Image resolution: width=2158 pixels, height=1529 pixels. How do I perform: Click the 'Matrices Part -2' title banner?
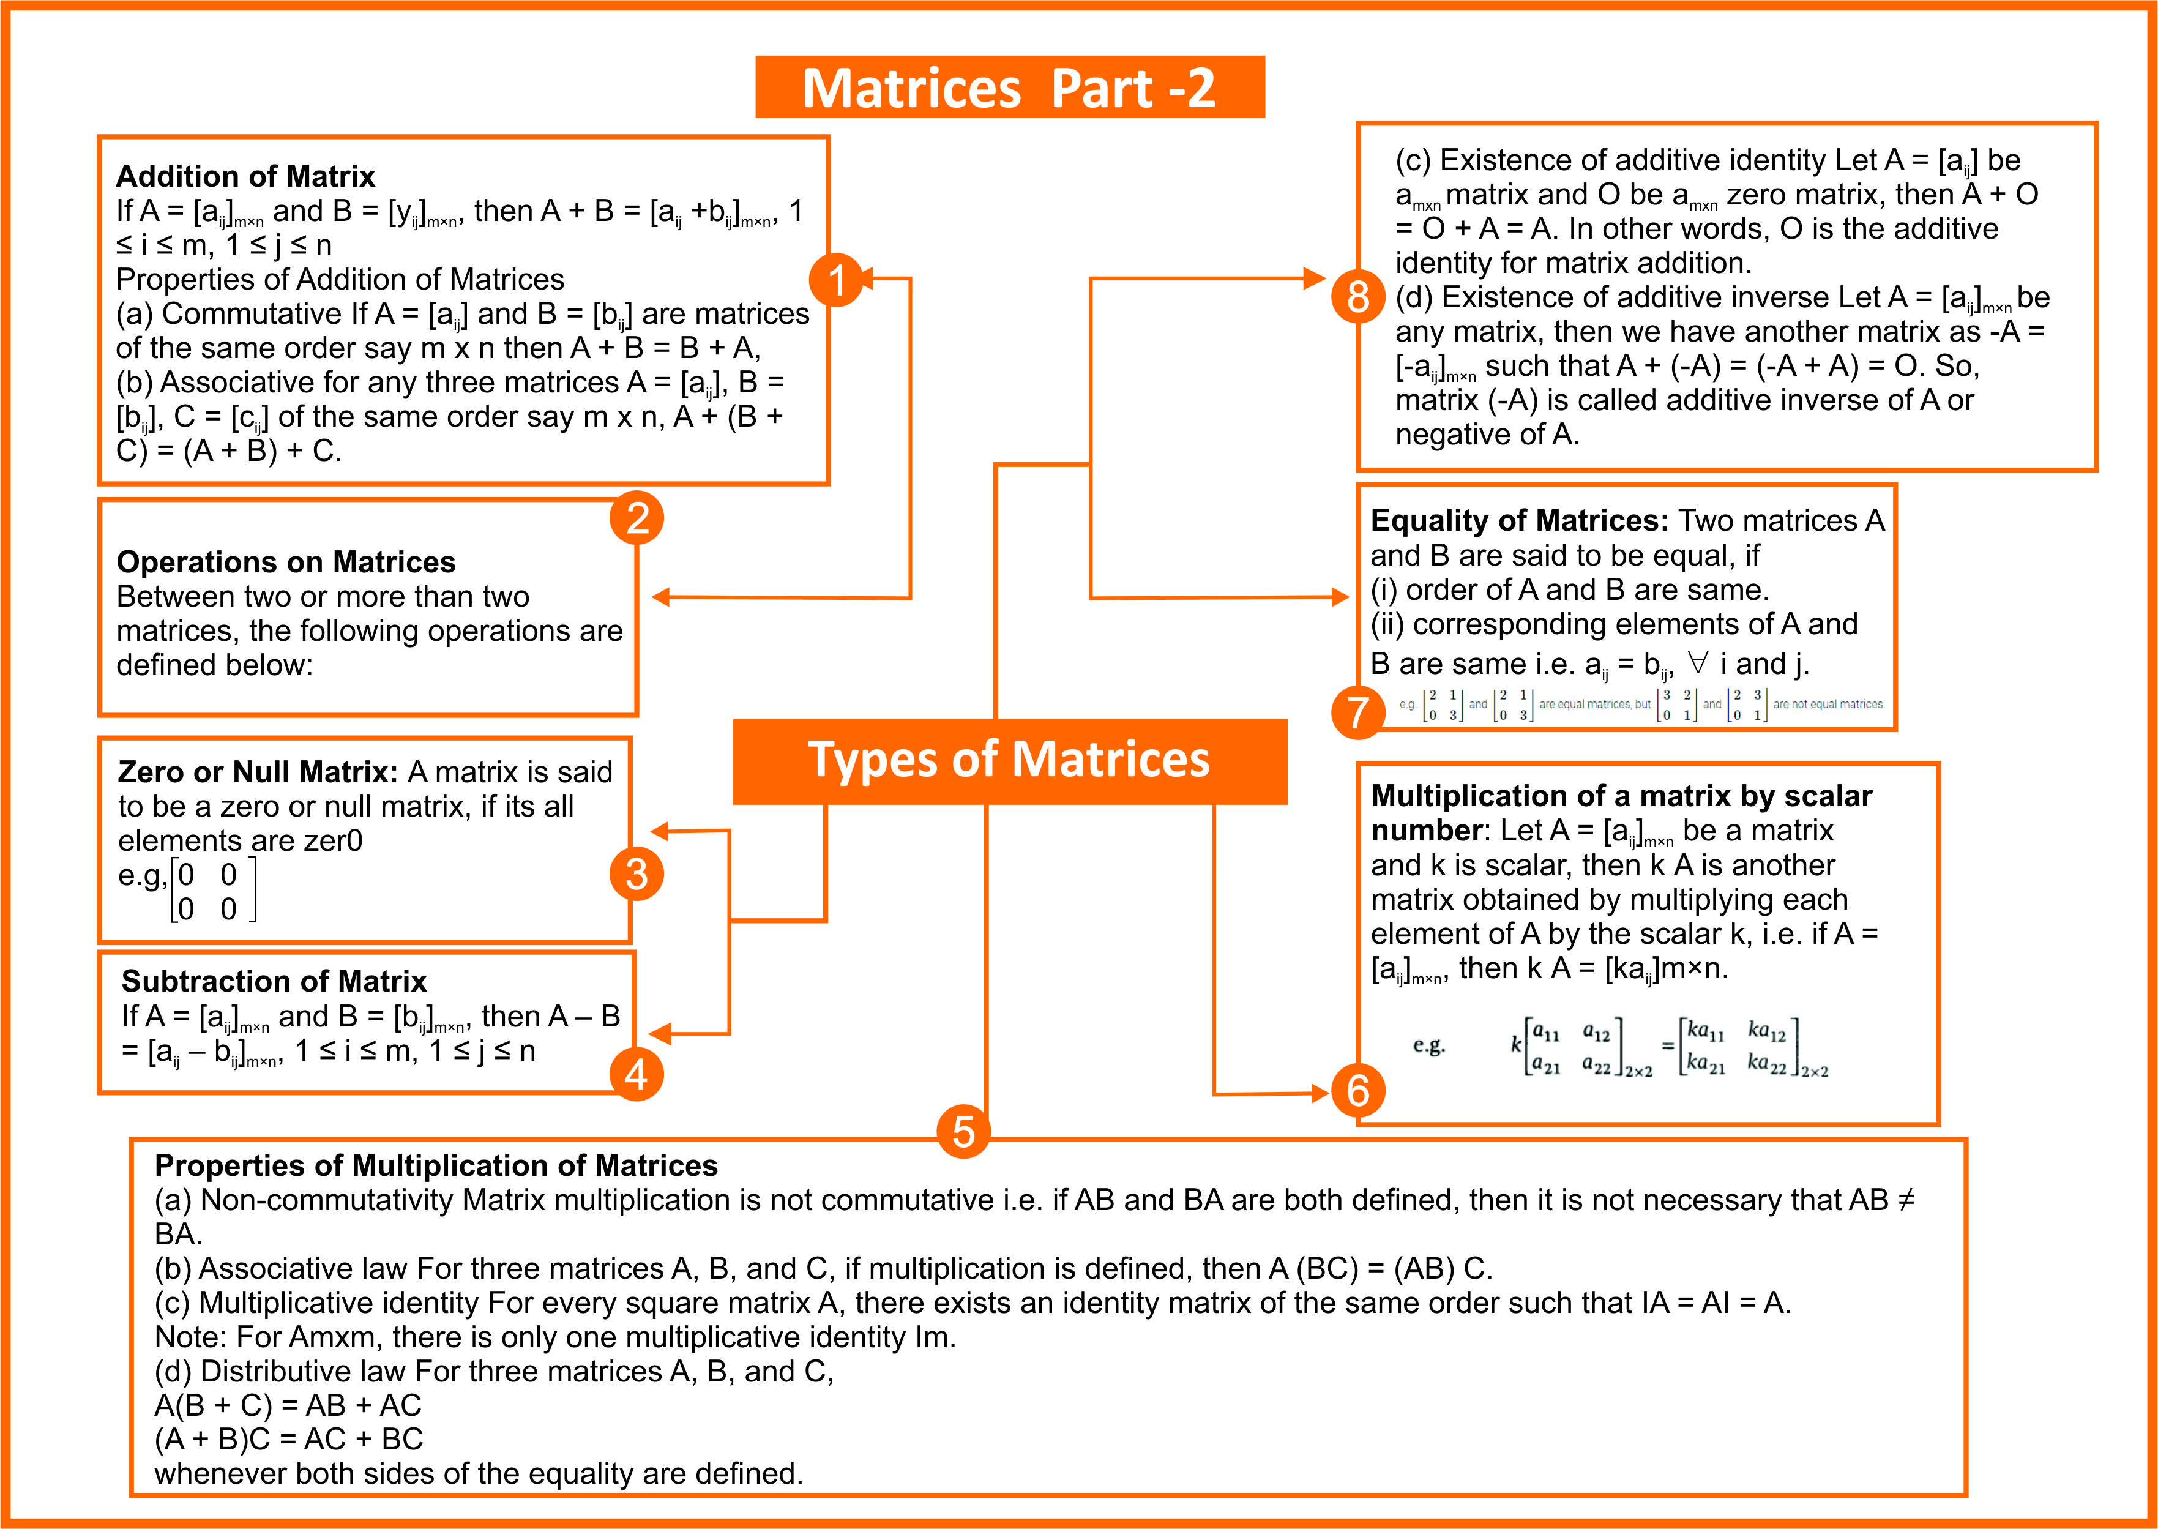click(1010, 87)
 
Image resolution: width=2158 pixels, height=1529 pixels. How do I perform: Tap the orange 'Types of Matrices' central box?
click(1010, 761)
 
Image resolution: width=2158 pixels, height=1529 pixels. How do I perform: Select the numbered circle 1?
click(835, 280)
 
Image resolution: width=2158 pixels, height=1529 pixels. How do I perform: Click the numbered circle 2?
click(637, 518)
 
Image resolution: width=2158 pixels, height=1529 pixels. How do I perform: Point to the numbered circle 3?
click(637, 873)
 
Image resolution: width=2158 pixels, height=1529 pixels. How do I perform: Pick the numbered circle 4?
click(637, 1074)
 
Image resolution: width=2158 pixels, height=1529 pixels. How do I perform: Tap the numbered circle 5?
click(964, 1132)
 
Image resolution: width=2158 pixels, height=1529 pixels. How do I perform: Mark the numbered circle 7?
click(1358, 712)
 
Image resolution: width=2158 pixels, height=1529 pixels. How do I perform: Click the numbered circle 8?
click(1358, 297)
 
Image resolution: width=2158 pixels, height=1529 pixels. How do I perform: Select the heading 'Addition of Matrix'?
click(245, 176)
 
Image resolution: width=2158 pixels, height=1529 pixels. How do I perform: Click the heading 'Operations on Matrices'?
click(286, 562)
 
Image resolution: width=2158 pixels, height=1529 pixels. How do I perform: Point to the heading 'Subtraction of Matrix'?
click(274, 981)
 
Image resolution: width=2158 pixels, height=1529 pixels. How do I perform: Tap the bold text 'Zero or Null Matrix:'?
click(258, 772)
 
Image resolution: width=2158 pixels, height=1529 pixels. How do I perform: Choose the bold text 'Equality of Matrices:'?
click(1520, 521)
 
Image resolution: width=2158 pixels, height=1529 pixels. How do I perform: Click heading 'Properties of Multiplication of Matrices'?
click(436, 1165)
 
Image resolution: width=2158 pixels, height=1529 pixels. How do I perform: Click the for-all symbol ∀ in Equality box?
click(1698, 663)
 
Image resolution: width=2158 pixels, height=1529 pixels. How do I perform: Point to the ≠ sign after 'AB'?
click(1905, 1200)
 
